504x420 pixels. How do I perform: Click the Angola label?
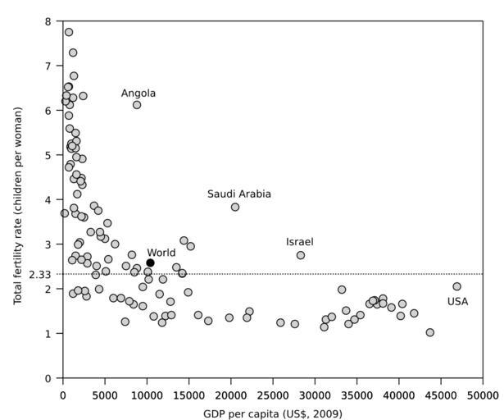(x=138, y=94)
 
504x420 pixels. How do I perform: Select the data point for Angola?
(x=137, y=105)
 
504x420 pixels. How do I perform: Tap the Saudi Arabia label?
(x=238, y=194)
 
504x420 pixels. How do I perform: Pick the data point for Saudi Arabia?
(x=235, y=207)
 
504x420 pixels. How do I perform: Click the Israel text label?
(x=300, y=242)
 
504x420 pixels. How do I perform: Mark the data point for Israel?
(x=301, y=255)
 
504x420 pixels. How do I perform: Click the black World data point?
(x=150, y=262)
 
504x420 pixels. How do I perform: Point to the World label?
(x=161, y=253)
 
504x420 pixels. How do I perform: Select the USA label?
(x=457, y=302)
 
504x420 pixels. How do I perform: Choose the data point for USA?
(x=456, y=286)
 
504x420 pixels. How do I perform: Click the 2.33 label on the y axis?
(x=40, y=274)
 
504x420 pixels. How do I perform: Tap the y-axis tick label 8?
(x=48, y=21)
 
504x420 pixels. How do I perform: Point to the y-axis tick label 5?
(x=48, y=155)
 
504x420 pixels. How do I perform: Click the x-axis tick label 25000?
(x=273, y=395)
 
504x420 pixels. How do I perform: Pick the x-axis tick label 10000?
(x=147, y=395)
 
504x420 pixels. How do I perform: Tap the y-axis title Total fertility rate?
(x=18, y=199)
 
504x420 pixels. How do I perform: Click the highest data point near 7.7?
(x=69, y=33)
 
